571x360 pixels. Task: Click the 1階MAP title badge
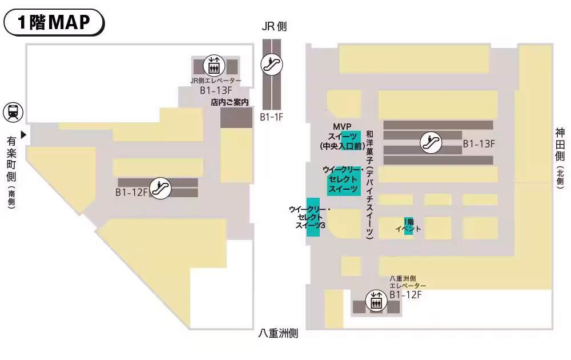tap(54, 22)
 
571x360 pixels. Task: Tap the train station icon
tap(13, 112)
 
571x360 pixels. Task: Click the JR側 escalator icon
tap(272, 64)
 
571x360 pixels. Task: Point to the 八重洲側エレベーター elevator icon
tap(376, 301)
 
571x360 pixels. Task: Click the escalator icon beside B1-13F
tap(431, 142)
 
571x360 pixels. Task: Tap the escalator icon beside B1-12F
tap(162, 188)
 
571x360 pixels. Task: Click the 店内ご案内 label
tap(230, 103)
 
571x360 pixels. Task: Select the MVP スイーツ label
tap(341, 136)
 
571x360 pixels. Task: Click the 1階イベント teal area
tap(408, 225)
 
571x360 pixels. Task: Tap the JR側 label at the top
tap(274, 26)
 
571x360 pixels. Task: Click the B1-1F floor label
tap(272, 117)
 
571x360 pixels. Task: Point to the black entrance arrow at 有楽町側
tap(24, 135)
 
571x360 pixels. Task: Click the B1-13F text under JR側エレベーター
tap(216, 90)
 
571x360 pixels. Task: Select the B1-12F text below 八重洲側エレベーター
tap(405, 294)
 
